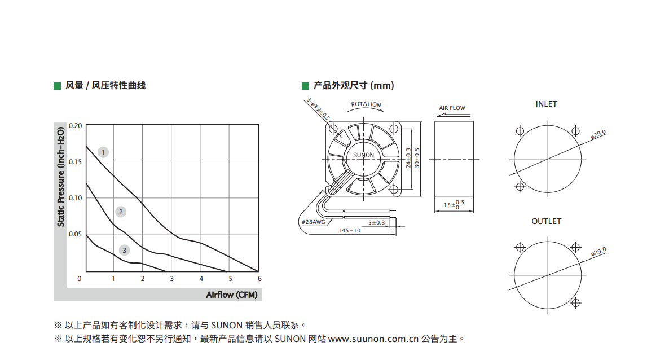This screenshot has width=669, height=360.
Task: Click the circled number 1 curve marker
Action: pyautogui.click(x=103, y=152)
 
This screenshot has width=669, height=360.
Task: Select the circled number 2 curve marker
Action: pyautogui.click(x=121, y=212)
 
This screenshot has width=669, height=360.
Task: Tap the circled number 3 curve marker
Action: pyautogui.click(x=124, y=250)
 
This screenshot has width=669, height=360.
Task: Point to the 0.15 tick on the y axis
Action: pyautogui.click(x=75, y=162)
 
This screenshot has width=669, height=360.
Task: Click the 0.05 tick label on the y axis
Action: pyautogui.click(x=75, y=234)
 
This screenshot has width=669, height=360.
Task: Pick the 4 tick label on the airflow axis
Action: pyautogui.click(x=201, y=278)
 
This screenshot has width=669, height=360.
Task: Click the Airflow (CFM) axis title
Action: pyautogui.click(x=232, y=295)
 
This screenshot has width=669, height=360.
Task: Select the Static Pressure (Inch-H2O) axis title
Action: pyautogui.click(x=60, y=177)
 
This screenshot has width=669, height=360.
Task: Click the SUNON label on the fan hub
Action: pyautogui.click(x=363, y=155)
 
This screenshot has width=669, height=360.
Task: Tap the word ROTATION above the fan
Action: pyautogui.click(x=366, y=104)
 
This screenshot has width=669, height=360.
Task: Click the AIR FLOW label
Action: pyautogui.click(x=452, y=108)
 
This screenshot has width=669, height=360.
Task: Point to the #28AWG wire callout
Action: pyautogui.click(x=313, y=222)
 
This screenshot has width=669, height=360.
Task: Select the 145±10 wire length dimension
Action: pyautogui.click(x=349, y=231)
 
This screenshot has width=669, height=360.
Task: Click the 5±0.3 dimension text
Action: pyautogui.click(x=376, y=222)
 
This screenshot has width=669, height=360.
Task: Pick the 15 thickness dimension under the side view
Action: pyautogui.click(x=454, y=205)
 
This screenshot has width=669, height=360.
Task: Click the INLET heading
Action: pyautogui.click(x=547, y=104)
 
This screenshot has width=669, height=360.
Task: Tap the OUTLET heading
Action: pyautogui.click(x=547, y=221)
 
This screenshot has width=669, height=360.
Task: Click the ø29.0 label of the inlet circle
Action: pyautogui.click(x=598, y=134)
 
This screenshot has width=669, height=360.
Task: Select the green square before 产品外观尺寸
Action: pyautogui.click(x=305, y=86)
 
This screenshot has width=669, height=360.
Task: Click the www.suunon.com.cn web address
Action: pyautogui.click(x=373, y=339)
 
